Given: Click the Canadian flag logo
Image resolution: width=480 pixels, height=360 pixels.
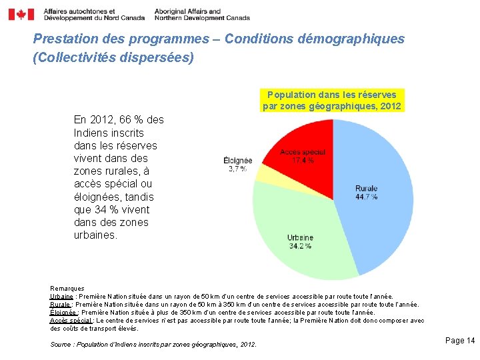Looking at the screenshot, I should click(x=21, y=15).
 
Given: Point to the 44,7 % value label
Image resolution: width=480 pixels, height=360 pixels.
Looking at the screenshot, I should click(x=367, y=197).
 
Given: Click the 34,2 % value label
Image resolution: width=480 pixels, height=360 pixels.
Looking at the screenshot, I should click(x=300, y=247).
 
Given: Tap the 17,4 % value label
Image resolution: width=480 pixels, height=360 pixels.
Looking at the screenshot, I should click(x=303, y=161).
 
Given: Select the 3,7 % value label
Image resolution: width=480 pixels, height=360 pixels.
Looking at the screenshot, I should click(x=238, y=169).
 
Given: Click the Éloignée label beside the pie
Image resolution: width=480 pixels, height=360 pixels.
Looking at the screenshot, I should click(x=238, y=160).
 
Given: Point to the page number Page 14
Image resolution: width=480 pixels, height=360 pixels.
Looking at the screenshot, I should click(x=459, y=341).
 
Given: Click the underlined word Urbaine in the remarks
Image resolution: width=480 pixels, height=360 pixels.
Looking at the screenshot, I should click(x=62, y=296).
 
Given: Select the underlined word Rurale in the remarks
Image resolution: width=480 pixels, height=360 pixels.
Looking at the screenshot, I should click(x=61, y=304).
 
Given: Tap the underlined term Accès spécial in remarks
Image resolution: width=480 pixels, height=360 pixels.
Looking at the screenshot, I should click(x=71, y=320).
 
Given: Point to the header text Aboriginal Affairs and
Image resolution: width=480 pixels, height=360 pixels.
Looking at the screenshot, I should click(x=187, y=11).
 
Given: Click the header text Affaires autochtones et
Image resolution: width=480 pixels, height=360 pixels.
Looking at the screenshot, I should click(x=79, y=11).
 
